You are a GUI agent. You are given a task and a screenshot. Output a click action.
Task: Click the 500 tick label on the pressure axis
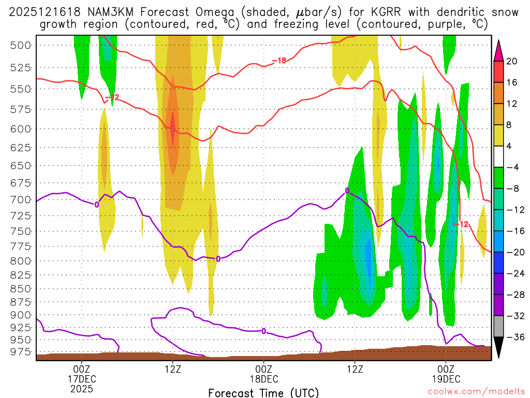(x=20, y=45)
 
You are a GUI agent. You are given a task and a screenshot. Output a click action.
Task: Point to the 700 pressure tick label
(x=20, y=200)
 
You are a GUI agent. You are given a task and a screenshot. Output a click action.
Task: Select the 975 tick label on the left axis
(x=20, y=352)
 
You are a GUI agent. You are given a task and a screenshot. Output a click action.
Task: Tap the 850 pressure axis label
(x=20, y=288)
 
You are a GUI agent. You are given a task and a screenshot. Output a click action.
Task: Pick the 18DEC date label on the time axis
(x=264, y=379)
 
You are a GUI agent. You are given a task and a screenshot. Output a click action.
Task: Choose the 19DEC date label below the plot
(x=446, y=379)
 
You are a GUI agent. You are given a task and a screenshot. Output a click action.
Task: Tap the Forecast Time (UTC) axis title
(x=263, y=393)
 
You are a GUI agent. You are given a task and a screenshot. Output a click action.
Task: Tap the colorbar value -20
(x=512, y=252)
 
